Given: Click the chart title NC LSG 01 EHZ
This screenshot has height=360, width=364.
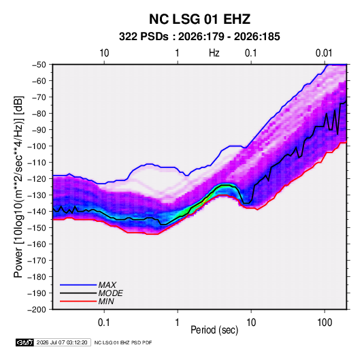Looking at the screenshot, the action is pyautogui.click(x=199, y=19).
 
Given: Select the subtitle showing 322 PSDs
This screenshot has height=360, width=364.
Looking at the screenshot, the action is pyautogui.click(x=199, y=37).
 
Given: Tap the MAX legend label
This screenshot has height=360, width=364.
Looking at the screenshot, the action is pyautogui.click(x=107, y=285).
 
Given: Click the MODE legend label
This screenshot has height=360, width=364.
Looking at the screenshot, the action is pyautogui.click(x=110, y=293).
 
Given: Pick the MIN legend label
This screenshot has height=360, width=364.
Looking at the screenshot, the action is pyautogui.click(x=106, y=301).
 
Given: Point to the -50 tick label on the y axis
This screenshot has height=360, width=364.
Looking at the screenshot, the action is pyautogui.click(x=39, y=65).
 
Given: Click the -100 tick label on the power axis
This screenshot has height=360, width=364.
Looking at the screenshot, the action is pyautogui.click(x=37, y=146).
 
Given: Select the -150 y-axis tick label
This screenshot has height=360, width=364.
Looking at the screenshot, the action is pyautogui.click(x=37, y=228).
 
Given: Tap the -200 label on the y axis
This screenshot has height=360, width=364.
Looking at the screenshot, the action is pyautogui.click(x=37, y=310).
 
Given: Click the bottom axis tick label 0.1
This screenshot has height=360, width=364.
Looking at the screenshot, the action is pyautogui.click(x=103, y=323).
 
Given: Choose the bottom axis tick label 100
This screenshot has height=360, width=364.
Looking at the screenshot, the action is pyautogui.click(x=325, y=323).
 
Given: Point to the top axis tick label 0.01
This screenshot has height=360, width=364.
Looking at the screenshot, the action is pyautogui.click(x=324, y=53).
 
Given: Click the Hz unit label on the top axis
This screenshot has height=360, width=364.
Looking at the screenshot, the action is pyautogui.click(x=214, y=53).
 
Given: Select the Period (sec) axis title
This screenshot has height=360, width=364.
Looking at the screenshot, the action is pyautogui.click(x=214, y=330).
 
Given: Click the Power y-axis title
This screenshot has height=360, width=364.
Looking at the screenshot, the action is pyautogui.click(x=18, y=187).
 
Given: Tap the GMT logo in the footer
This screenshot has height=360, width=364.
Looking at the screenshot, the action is pyautogui.click(x=25, y=342).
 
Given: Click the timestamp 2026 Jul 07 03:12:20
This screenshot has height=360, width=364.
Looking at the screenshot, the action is pyautogui.click(x=62, y=342).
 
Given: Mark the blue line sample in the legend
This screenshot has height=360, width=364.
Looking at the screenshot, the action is pyautogui.click(x=78, y=285).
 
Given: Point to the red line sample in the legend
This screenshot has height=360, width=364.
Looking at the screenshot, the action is pyautogui.click(x=78, y=301).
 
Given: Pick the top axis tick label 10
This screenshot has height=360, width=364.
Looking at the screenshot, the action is pyautogui.click(x=104, y=53).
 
